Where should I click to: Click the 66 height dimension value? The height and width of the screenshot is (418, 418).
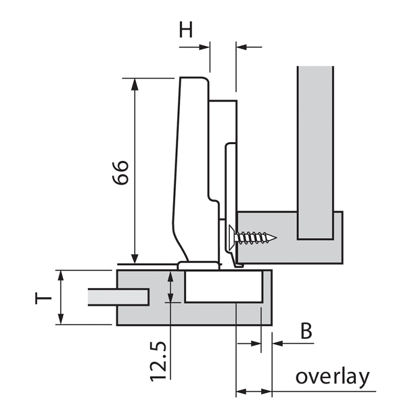[x=121, y=172]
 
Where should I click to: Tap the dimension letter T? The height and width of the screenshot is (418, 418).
[x=43, y=298]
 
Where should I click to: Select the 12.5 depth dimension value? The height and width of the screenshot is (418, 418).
[x=158, y=361]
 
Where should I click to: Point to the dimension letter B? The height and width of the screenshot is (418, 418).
[x=306, y=331]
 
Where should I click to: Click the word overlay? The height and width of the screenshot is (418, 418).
[x=333, y=377]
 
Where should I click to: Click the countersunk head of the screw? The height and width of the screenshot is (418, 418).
[x=231, y=238]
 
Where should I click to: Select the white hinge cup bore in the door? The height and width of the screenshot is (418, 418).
[x=224, y=286]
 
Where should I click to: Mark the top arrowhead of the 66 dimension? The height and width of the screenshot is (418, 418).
[x=135, y=84]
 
